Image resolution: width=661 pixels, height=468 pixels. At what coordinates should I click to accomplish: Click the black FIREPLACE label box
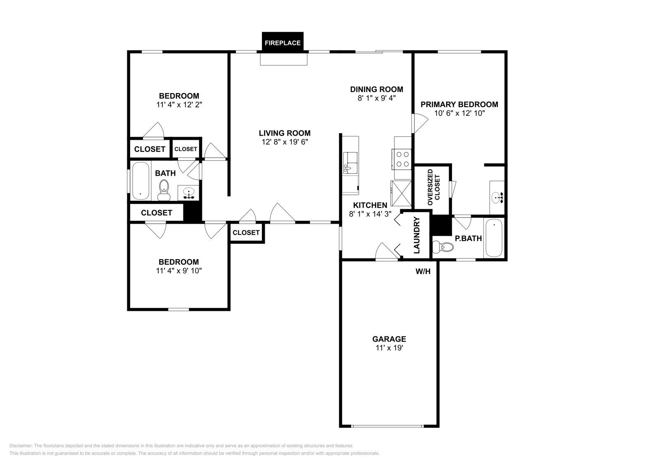point(283,43)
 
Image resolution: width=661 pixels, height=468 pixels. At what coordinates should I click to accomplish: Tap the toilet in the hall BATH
point(164,190)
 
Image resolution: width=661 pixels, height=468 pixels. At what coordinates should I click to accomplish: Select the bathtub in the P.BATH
point(494,238)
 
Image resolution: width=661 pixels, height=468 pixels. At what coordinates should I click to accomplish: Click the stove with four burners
point(402,159)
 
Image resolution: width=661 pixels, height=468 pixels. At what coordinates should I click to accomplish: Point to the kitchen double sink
point(350,162)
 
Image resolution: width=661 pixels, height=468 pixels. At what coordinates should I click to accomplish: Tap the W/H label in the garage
point(423,272)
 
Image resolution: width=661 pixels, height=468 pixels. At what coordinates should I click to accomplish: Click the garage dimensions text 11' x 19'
point(389,348)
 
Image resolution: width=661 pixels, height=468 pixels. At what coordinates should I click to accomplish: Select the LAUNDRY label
point(416,235)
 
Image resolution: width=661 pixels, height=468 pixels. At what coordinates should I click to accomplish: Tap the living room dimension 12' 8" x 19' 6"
point(285,142)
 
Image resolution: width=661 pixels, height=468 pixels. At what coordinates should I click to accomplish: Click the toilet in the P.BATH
point(442,247)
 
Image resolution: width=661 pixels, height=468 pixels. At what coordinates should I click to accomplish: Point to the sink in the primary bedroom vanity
point(497,198)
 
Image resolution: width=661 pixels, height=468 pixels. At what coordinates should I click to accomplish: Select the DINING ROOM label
point(376,89)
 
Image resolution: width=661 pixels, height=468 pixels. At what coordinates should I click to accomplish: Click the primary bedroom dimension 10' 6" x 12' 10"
point(459,113)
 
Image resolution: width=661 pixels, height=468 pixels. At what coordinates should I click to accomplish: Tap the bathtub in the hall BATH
point(140,181)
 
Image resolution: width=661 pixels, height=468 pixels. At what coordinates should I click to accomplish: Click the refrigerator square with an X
point(401,193)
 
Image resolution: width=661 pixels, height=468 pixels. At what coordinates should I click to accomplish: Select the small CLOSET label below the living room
point(246,233)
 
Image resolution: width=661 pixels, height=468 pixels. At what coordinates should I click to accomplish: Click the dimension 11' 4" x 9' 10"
point(178,271)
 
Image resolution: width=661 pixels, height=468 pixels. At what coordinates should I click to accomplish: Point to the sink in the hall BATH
point(189,193)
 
